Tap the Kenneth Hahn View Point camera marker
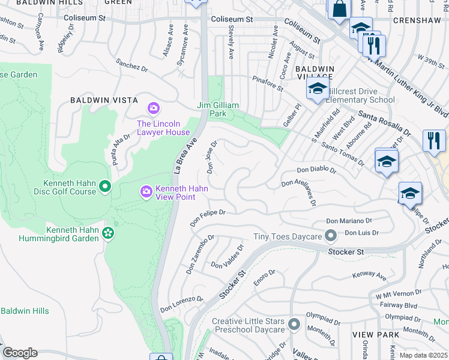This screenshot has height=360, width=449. [146, 191]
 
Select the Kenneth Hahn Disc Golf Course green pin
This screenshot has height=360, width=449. [106, 187]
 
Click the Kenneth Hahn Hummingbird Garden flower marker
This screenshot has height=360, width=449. [108, 232]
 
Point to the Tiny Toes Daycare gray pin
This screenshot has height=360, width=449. [330, 234]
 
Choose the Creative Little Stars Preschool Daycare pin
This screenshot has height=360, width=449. [294, 325]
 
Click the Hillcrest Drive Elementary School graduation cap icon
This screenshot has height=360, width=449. [316, 90]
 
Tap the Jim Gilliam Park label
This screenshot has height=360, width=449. [219, 109]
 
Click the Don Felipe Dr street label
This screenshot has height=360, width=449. [208, 217]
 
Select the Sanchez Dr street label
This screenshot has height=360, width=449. [132, 65]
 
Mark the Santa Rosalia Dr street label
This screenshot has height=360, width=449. [385, 122]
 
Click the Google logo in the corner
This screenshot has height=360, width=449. [20, 353]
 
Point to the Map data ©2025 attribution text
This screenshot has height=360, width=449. [423, 355]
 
